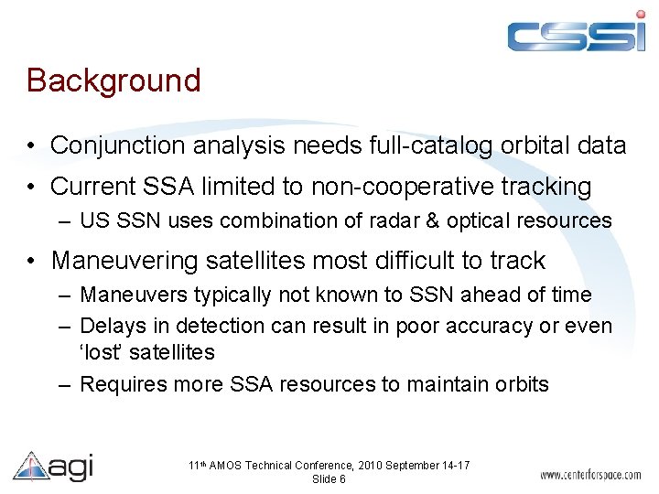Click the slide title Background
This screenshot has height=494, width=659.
[x=113, y=81]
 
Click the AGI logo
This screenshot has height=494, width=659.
[x=53, y=466]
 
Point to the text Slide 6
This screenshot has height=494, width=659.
[x=329, y=479]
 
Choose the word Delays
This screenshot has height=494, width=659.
[x=110, y=326]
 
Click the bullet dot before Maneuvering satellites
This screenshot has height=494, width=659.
[x=32, y=261]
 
